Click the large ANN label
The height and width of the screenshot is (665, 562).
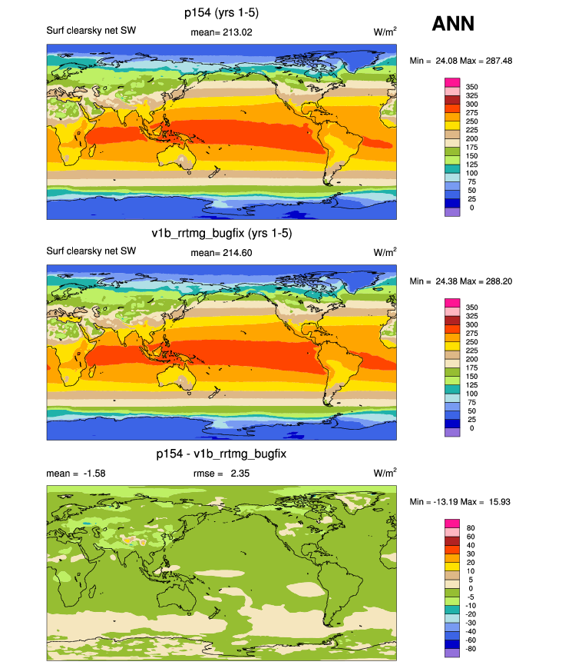point(453,23)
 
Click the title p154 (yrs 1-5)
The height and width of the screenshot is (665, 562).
point(221,13)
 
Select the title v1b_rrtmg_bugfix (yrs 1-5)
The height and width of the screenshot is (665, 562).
point(222,233)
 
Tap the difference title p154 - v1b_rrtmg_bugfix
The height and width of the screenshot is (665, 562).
point(221,454)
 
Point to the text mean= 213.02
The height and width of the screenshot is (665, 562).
point(221,32)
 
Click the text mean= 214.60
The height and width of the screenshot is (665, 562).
point(221,253)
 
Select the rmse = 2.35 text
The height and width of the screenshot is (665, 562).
point(221,474)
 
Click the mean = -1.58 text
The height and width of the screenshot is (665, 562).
point(76,474)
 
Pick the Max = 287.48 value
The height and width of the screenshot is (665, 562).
point(486,61)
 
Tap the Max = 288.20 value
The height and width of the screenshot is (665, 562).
point(486,281)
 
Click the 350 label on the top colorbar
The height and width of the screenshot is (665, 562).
point(472,87)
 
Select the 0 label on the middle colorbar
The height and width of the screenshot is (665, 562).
point(472,428)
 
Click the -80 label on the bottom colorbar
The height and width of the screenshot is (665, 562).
point(471,648)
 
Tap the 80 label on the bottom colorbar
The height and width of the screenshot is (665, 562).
point(471,528)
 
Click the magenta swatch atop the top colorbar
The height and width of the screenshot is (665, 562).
point(452,82)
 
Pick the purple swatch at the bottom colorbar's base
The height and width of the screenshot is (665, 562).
point(452,653)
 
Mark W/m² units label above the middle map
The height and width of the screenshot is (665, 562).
point(385,252)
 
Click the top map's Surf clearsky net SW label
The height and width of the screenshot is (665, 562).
point(91,31)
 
